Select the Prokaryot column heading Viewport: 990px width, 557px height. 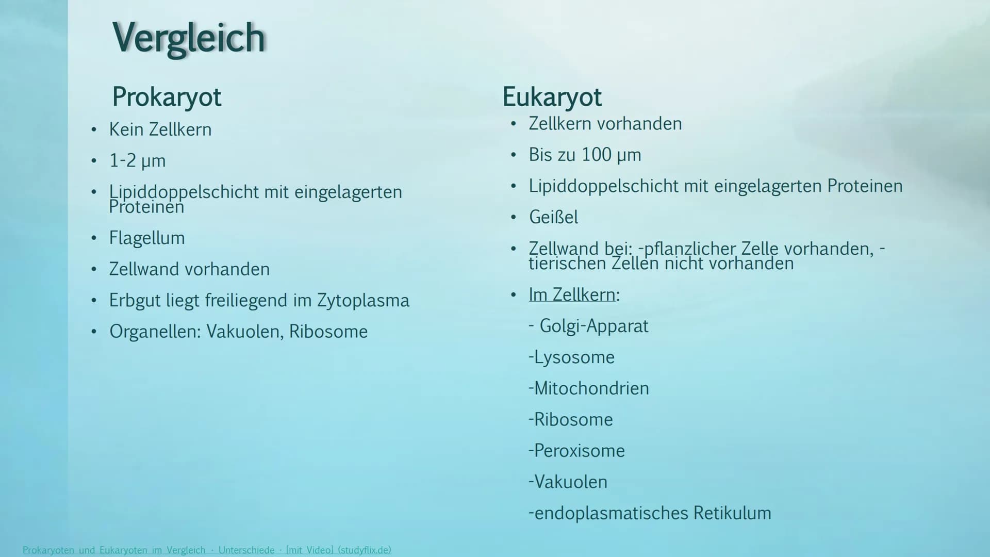pos(167,97)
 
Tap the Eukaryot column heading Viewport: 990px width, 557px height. pos(552,97)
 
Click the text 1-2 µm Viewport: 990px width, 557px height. pos(137,161)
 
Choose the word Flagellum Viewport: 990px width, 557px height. pos(147,238)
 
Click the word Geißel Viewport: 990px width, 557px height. pos(553,217)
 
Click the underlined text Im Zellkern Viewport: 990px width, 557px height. pos(574,294)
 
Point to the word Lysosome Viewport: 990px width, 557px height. pos(574,357)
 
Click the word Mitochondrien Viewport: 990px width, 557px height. pos(591,388)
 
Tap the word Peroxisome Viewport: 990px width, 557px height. pos(579,450)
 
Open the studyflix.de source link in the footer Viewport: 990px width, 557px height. pos(207,550)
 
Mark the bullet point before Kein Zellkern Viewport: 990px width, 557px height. pos(93,130)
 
